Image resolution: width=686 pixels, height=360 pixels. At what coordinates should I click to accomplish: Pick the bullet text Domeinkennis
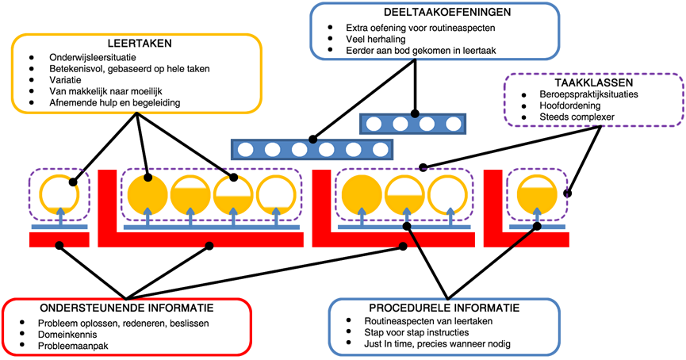coord(70,334)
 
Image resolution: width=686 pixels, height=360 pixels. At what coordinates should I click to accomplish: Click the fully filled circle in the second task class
coord(148,193)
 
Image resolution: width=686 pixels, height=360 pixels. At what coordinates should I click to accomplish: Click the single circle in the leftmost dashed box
coord(59,193)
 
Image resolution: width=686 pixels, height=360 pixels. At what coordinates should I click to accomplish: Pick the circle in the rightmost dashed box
coord(537,193)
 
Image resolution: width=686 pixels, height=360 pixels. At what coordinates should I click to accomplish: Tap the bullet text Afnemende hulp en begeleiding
coord(114,103)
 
